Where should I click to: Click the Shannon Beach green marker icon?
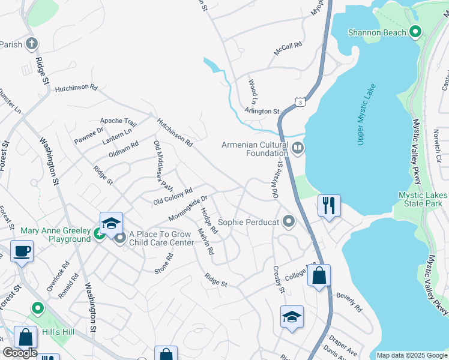pyautogui.click(x=415, y=32)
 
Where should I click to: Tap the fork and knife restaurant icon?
pyautogui.click(x=328, y=205)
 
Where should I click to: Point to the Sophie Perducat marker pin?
pyautogui.click(x=289, y=223)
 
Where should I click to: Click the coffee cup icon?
pyautogui.click(x=22, y=251)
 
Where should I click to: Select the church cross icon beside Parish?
pyautogui.click(x=31, y=44)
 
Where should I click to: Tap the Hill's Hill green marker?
pyautogui.click(x=37, y=309)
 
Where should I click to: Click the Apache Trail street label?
pyautogui.click(x=118, y=122)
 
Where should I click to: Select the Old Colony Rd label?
pyautogui.click(x=172, y=196)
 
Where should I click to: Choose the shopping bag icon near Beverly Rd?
pyautogui.click(x=319, y=277)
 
